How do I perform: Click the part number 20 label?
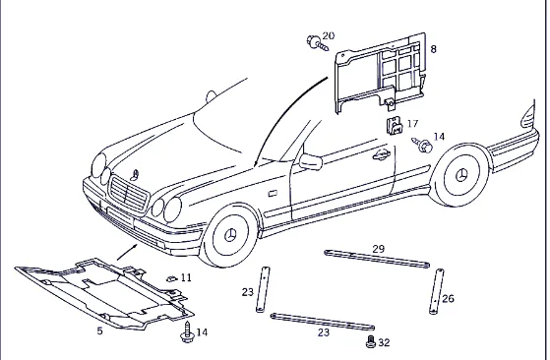[x=329, y=35]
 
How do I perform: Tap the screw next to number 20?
[x=317, y=43]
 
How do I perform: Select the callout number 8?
[x=433, y=49]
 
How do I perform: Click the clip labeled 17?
[x=395, y=126]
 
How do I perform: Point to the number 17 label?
[x=412, y=124]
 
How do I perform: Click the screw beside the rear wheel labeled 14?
[x=422, y=145]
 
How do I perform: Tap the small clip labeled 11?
[x=171, y=278]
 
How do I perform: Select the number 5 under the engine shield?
[x=100, y=330]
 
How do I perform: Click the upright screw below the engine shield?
[x=187, y=331]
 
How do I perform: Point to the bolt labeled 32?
[x=371, y=341]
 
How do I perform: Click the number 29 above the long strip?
[x=379, y=249]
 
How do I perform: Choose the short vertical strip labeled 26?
[x=436, y=292]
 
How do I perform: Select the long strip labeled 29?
[x=377, y=259]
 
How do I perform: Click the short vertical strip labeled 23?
[x=263, y=289]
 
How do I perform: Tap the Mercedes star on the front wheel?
[x=230, y=235]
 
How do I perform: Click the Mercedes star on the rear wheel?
[x=461, y=175]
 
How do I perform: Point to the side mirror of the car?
[x=311, y=162]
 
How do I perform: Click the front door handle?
[x=382, y=154]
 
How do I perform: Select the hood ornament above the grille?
[x=135, y=175]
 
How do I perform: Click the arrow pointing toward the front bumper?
[x=127, y=253]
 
